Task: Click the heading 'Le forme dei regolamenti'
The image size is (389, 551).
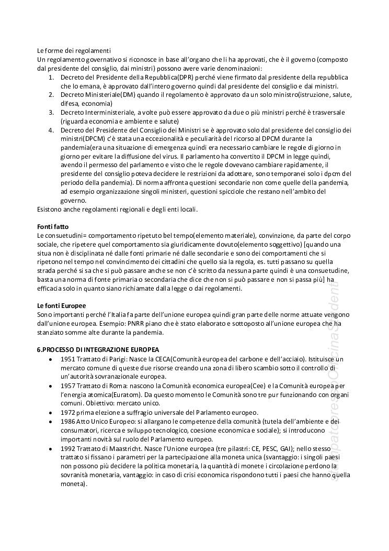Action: tap(74, 50)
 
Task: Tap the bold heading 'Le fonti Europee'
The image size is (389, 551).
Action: tap(61, 305)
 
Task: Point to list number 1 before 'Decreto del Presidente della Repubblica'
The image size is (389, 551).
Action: tap(51, 77)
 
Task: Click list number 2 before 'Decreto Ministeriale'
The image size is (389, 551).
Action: tap(51, 95)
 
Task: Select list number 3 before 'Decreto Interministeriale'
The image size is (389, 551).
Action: tap(51, 113)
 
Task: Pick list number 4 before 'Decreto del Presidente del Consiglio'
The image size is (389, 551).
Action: tap(51, 130)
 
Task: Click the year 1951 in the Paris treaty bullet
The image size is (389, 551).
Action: tap(68, 359)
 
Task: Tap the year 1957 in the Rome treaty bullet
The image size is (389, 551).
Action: tap(68, 385)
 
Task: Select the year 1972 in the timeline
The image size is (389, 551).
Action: tap(68, 413)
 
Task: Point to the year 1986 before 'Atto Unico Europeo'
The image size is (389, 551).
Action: tap(68, 422)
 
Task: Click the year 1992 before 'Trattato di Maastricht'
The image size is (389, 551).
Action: tap(68, 448)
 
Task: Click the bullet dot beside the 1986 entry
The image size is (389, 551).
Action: tap(50, 422)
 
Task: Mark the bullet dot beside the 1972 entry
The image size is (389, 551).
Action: tap(50, 413)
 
